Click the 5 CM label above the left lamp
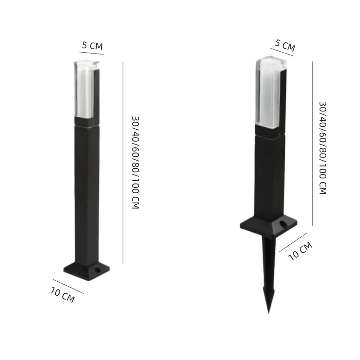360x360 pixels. [92, 46]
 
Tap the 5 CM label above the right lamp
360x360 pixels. [285, 45]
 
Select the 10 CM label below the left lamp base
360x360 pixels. [63, 295]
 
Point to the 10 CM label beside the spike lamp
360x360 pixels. [300, 251]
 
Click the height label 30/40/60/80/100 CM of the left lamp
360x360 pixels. [136, 162]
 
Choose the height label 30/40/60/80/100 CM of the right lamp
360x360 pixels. [323, 148]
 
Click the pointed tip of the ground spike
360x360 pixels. [269, 313]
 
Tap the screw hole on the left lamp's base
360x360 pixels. [98, 270]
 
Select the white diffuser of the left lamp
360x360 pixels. [85, 89]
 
